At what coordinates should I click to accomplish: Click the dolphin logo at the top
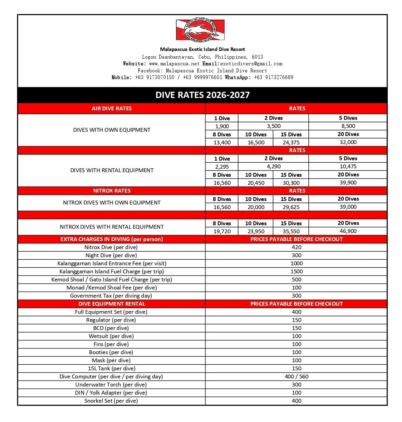click(200, 30)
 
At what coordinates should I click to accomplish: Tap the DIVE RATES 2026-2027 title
click(203, 95)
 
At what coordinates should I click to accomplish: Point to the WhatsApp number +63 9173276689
click(273, 77)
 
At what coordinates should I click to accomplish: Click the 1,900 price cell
click(222, 126)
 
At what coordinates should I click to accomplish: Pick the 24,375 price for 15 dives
click(291, 142)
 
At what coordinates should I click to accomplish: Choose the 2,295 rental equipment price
click(222, 167)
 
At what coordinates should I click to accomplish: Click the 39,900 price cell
click(348, 183)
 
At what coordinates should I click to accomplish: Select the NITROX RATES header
click(112, 191)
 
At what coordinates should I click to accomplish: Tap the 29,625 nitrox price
click(291, 207)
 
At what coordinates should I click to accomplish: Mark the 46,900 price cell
click(348, 231)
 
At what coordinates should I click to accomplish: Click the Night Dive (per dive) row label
click(111, 255)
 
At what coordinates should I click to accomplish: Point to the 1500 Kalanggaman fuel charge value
click(296, 272)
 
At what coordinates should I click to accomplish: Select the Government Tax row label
click(111, 296)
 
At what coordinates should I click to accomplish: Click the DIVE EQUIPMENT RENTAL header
click(112, 304)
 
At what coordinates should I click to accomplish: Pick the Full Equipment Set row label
click(111, 312)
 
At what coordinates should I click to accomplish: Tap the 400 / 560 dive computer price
click(296, 377)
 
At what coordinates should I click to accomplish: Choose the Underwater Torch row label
click(111, 385)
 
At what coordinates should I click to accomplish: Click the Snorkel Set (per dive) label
click(111, 401)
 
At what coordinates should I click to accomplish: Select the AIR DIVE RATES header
click(112, 109)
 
